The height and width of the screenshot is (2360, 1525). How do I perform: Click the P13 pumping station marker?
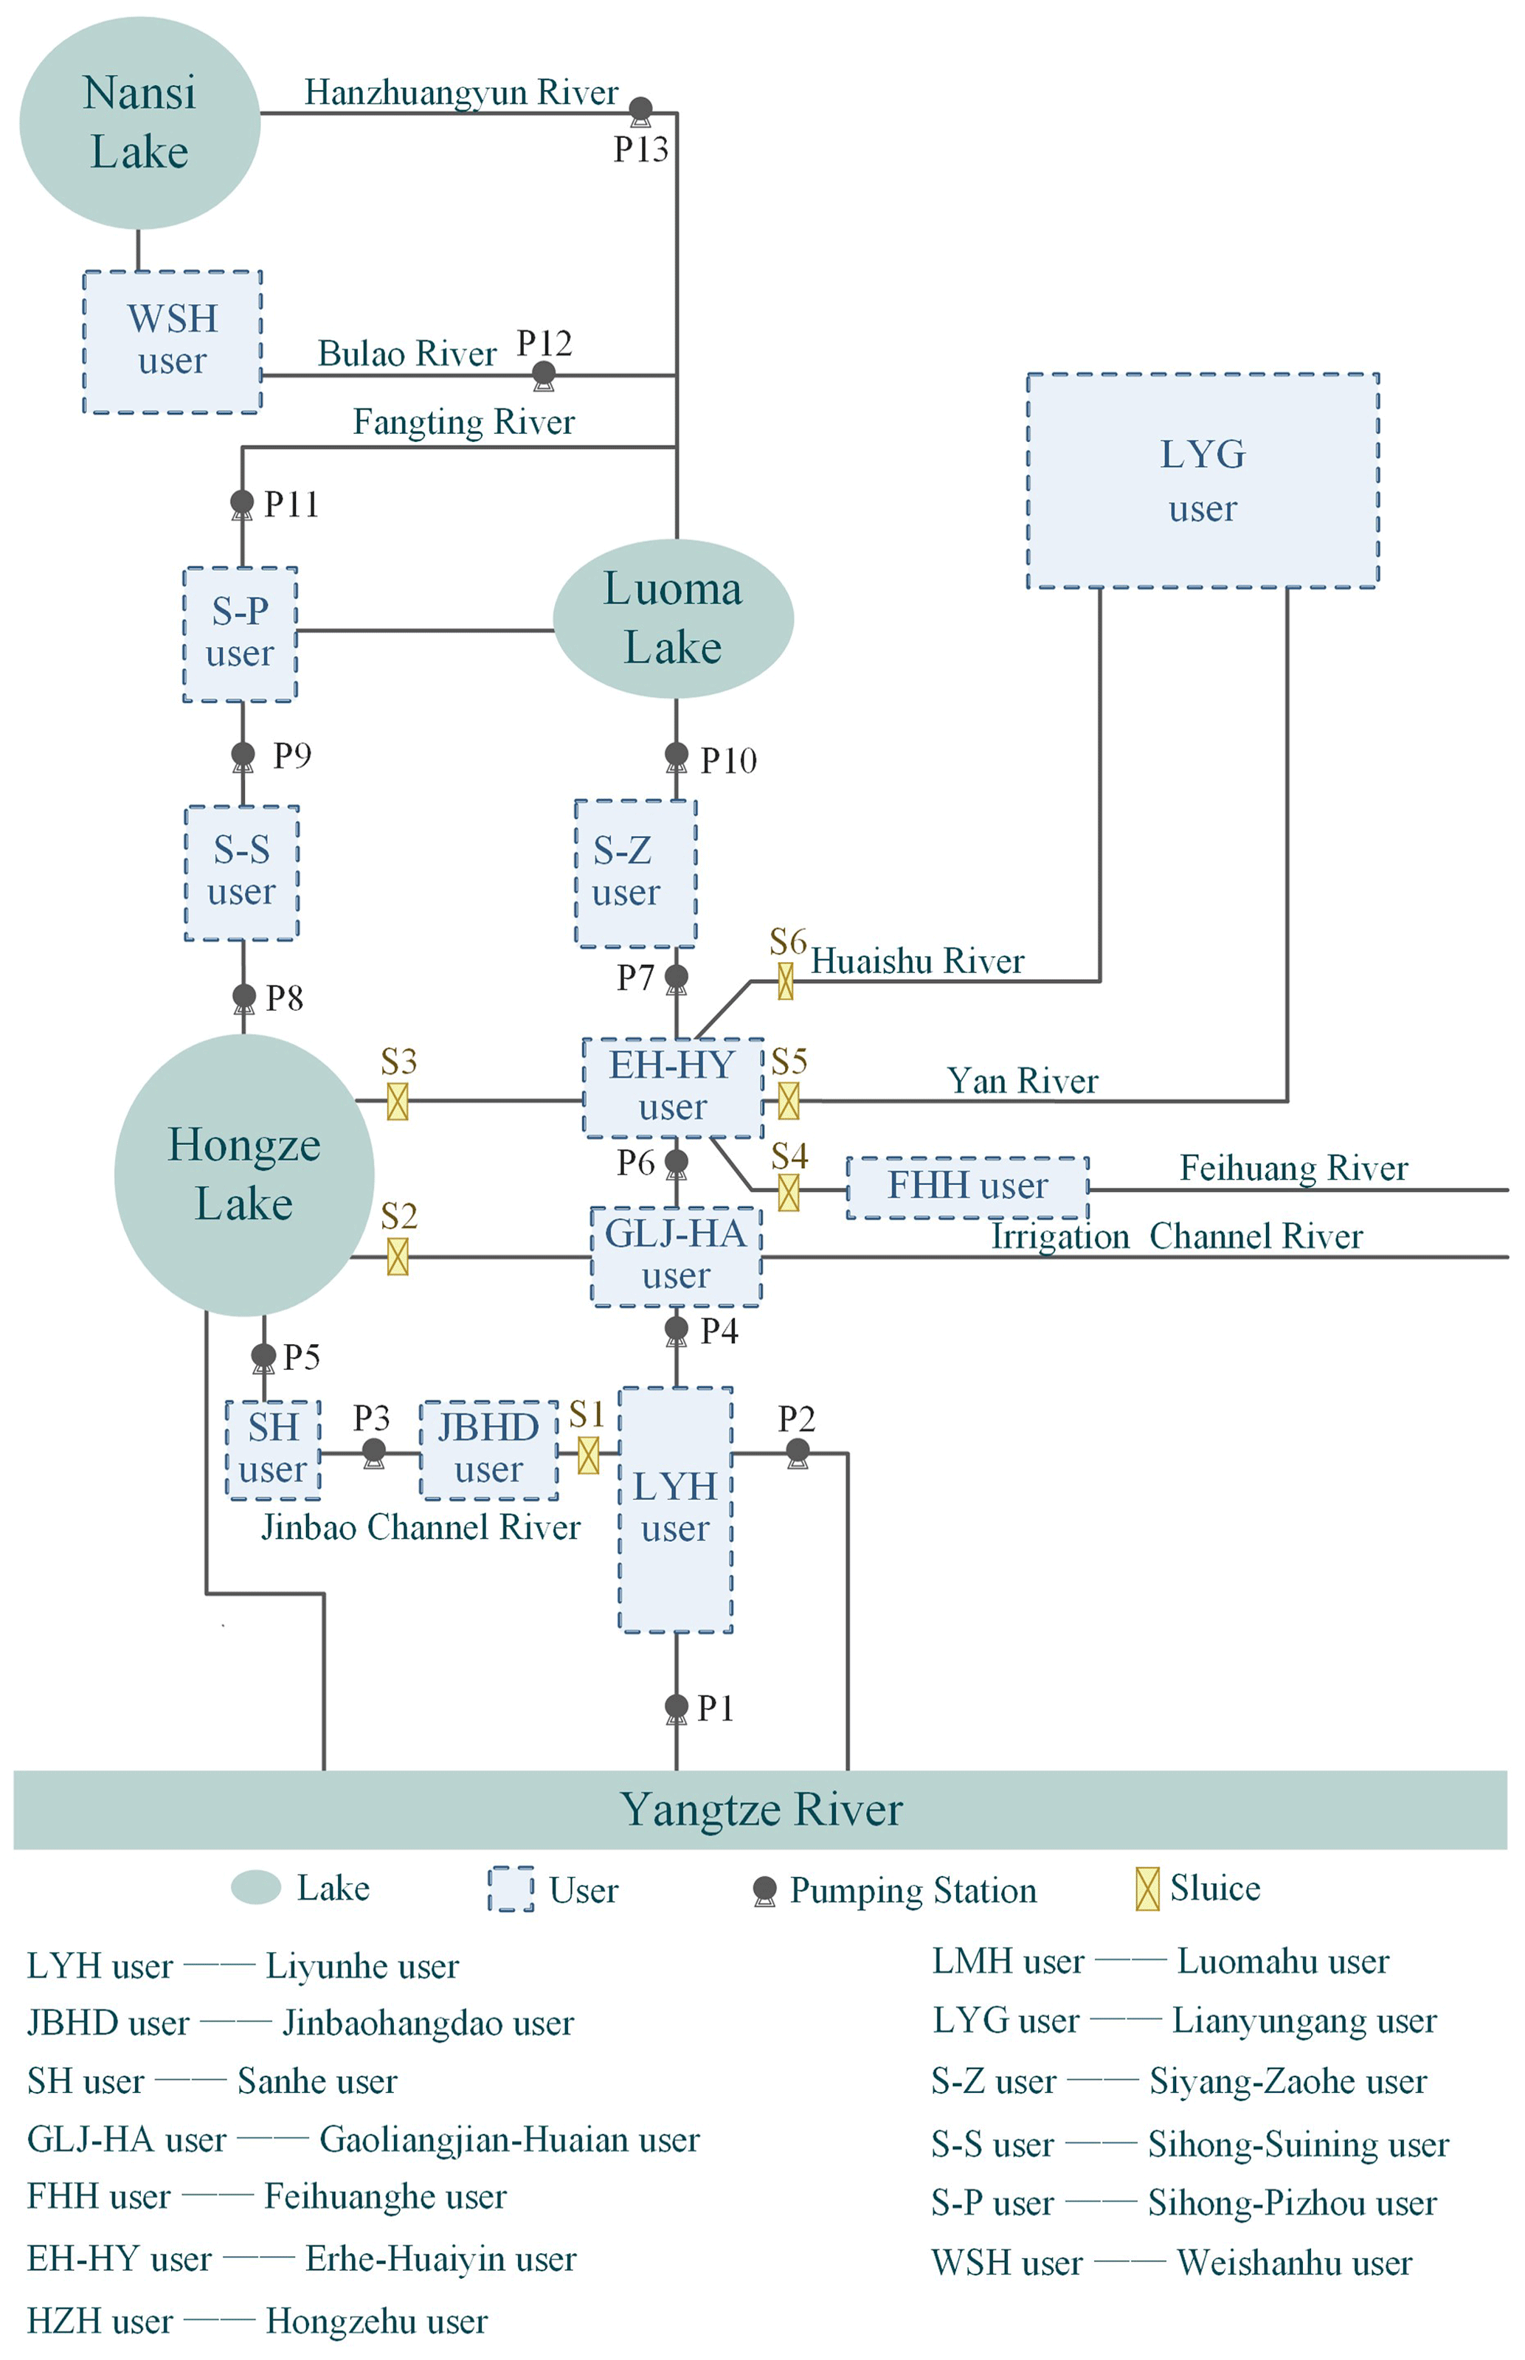[x=640, y=109]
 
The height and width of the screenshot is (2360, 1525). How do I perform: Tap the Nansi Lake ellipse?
[x=139, y=122]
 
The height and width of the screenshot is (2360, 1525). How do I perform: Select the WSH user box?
[x=173, y=342]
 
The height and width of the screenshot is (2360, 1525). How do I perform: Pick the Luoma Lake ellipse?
[x=674, y=619]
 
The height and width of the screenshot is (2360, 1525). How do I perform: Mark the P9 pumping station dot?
[x=243, y=755]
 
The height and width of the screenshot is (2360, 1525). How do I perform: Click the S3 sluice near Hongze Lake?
[x=397, y=1101]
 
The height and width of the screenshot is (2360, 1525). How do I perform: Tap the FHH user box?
[x=967, y=1187]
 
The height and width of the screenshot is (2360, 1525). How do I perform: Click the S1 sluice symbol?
[x=588, y=1456]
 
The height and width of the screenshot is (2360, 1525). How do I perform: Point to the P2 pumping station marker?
[x=797, y=1453]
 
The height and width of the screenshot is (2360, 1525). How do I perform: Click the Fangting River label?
[x=463, y=423]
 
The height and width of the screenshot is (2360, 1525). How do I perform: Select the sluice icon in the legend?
[x=1147, y=1889]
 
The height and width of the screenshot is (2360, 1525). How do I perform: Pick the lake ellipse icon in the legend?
[x=255, y=1888]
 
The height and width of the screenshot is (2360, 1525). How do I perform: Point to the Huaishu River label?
[x=917, y=961]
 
